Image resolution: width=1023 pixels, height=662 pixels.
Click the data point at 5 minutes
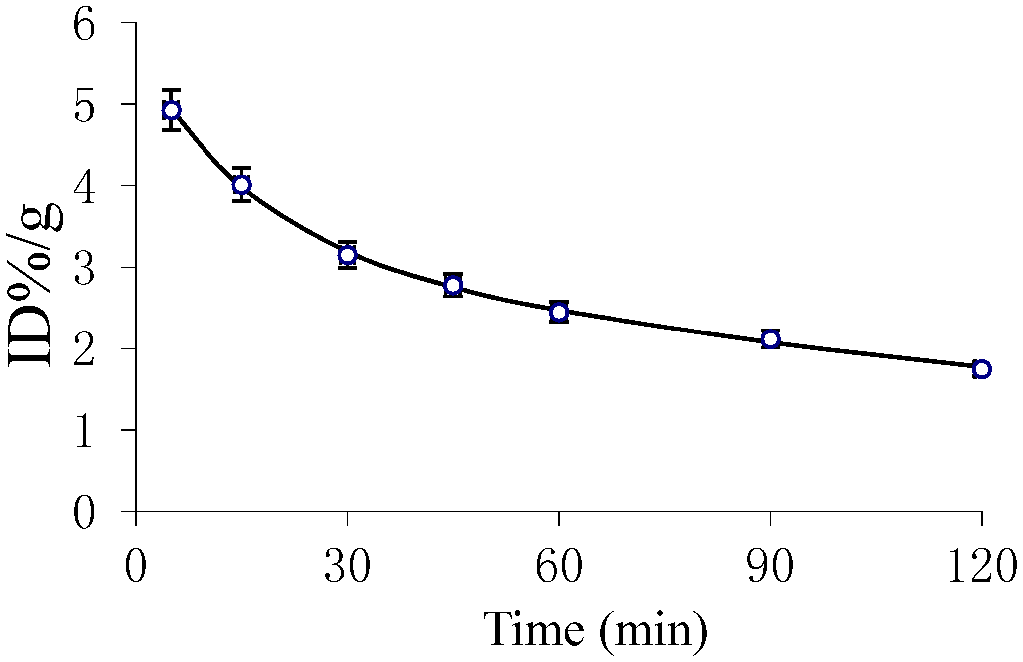coord(171,110)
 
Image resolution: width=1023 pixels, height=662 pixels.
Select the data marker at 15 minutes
coord(241,185)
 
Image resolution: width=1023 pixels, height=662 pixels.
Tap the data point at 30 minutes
coord(347,255)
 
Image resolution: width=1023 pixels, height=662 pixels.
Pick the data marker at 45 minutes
coord(453,285)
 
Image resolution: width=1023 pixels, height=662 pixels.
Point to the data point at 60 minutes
coord(559,312)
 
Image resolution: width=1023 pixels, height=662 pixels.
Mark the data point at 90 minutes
coord(771,339)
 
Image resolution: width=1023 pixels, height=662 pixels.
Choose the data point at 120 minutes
coord(981,369)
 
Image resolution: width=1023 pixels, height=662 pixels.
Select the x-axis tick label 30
coord(347,567)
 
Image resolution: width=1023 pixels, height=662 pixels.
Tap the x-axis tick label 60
coord(559,567)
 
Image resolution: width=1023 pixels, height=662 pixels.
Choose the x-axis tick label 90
coord(771,567)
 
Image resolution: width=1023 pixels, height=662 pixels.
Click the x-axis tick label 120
coord(981,567)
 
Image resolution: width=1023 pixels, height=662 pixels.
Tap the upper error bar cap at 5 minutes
coord(171,90)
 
